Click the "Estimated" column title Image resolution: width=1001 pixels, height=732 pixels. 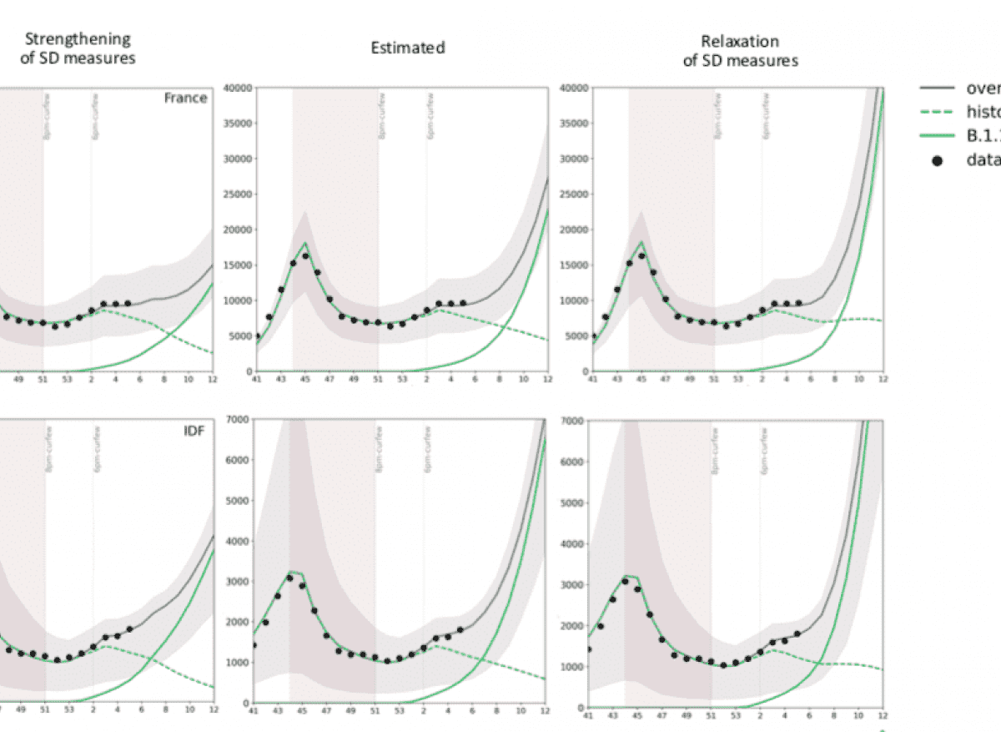coord(408,48)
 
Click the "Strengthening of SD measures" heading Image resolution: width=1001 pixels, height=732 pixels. coord(78,48)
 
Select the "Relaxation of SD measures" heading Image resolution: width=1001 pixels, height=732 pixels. coord(740,50)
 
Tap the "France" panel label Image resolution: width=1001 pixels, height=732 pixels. coord(185,98)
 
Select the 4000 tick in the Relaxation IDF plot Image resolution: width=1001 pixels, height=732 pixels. coord(574,544)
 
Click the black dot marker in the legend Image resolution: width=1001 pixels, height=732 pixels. coord(937,160)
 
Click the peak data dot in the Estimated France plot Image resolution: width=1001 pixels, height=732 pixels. coord(305,256)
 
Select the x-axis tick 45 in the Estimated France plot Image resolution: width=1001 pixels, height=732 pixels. coord(304,380)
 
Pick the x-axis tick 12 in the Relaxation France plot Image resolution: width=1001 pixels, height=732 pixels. coord(882,380)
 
